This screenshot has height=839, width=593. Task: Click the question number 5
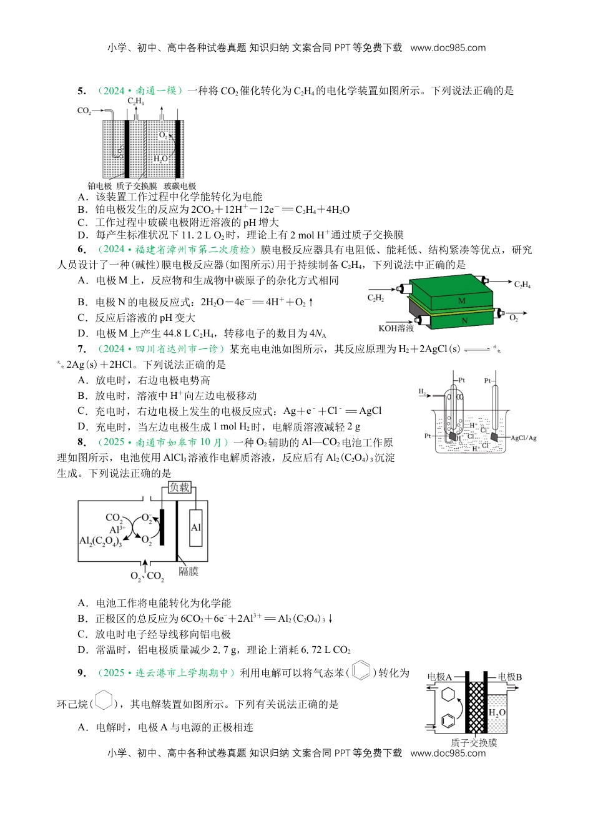tap(81, 91)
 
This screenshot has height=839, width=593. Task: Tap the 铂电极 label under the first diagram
tap(99, 186)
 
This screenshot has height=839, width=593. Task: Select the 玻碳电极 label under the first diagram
tap(180, 186)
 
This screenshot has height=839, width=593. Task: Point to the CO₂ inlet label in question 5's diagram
tap(84, 111)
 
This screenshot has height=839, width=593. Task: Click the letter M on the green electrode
tap(462, 300)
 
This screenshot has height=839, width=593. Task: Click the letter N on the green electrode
tap(464, 321)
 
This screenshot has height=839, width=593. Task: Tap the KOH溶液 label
tap(396, 328)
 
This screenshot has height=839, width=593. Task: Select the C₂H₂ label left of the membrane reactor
tap(376, 298)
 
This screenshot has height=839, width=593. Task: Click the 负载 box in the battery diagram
tap(179, 487)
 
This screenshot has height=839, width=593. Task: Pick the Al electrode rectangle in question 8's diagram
tap(195, 527)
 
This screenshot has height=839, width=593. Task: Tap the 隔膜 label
tap(188, 571)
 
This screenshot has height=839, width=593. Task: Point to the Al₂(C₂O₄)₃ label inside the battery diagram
tap(100, 541)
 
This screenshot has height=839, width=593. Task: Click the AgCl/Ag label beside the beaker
tap(523, 438)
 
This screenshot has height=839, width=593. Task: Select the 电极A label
tap(439, 677)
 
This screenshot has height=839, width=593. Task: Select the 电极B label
tap(509, 677)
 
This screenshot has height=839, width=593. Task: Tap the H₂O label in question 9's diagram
tap(497, 712)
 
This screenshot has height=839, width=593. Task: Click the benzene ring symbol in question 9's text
tap(361, 672)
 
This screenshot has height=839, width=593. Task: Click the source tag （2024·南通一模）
tap(140, 91)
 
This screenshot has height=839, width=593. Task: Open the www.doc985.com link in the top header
tap(448, 47)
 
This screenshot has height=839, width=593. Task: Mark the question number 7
tap(81, 349)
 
